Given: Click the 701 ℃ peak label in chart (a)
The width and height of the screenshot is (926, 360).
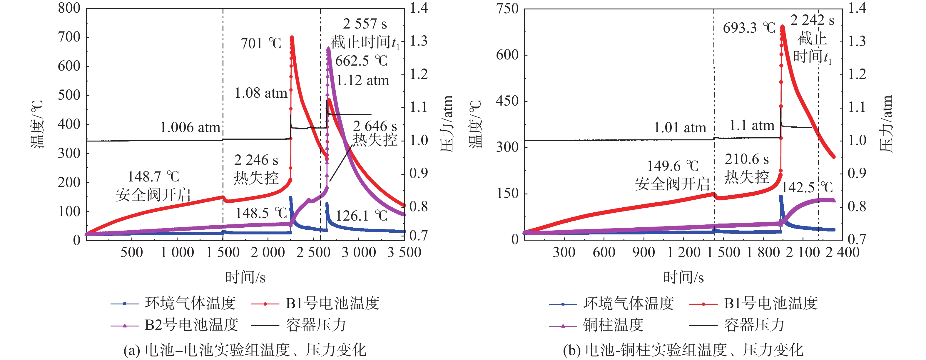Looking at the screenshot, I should tap(261, 44).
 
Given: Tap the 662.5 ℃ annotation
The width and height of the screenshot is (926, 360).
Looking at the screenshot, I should tap(361, 61).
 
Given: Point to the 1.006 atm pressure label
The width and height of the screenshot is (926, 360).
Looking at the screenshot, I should tap(190, 127).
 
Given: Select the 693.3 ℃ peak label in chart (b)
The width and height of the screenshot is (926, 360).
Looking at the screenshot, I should tap(749, 28).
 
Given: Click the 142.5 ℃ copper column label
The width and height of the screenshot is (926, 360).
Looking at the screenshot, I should tap(807, 187).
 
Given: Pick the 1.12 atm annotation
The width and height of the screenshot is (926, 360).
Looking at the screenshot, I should tap(362, 80).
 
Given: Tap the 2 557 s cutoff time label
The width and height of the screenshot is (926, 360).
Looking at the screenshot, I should tap(365, 24).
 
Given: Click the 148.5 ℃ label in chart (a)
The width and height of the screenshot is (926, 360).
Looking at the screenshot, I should tap(261, 213).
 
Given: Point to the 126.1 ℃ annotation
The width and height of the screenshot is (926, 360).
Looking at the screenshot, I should tap(361, 216).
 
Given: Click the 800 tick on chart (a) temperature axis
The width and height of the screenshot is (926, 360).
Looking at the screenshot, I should tap(69, 8).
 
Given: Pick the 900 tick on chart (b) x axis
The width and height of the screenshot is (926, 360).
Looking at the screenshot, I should tap(643, 252).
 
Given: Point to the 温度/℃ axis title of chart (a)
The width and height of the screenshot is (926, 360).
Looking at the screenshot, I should tap(37, 124).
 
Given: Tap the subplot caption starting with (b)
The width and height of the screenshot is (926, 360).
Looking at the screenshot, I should tap(683, 350).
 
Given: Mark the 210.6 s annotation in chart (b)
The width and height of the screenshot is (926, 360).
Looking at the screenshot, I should tap(747, 159).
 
